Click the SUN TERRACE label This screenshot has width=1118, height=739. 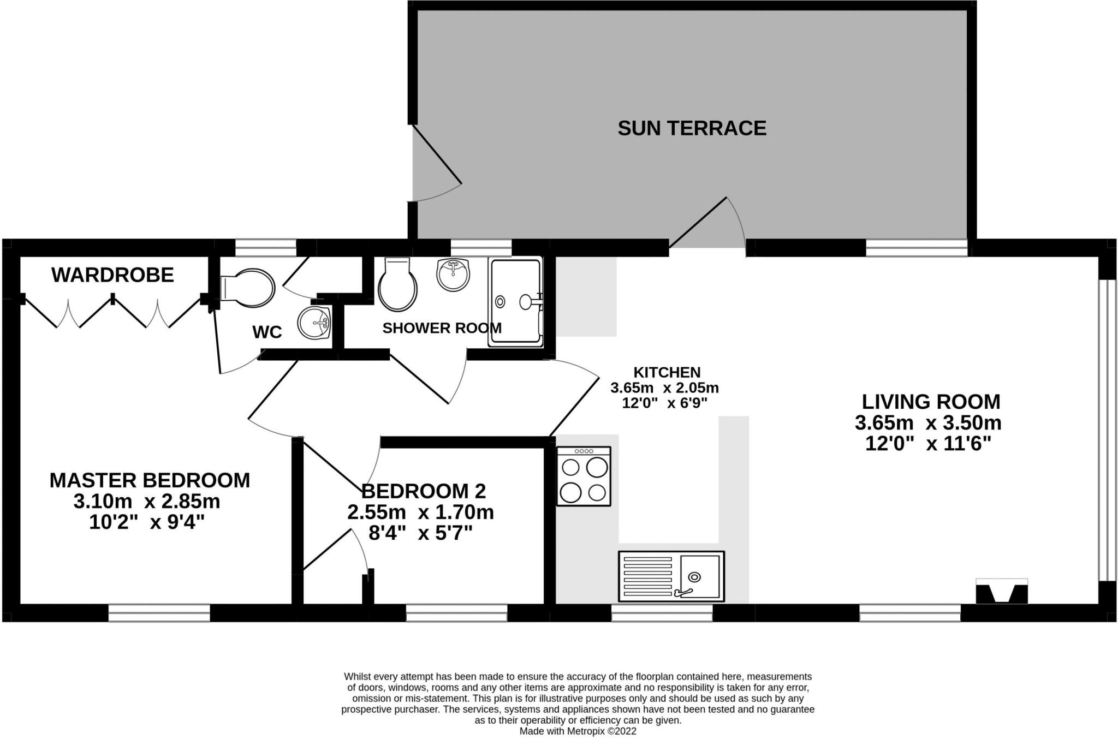tap(692, 128)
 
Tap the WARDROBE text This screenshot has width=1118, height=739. tap(112, 275)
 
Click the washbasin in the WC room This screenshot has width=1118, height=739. tap(314, 323)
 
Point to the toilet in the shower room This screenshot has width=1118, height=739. tap(397, 285)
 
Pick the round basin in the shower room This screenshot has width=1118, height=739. tap(453, 275)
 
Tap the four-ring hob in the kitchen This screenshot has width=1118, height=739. tap(584, 476)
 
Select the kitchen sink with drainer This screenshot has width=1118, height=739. tap(671, 576)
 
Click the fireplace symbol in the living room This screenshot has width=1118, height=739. tap(1002, 592)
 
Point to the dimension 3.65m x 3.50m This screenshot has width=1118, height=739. tap(928, 423)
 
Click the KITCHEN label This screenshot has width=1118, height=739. tap(667, 372)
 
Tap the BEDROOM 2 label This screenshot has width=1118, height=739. tap(424, 491)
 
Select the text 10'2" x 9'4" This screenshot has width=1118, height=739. tap(146, 523)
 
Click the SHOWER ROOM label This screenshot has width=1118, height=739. tap(442, 328)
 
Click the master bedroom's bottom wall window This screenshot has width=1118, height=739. tap(159, 613)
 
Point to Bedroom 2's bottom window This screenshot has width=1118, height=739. tap(456, 613)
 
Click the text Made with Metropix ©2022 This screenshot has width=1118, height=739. tap(578, 731)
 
